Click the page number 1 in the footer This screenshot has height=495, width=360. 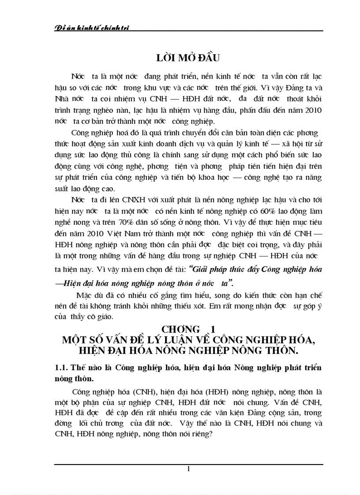pyautogui.click(x=188, y=469)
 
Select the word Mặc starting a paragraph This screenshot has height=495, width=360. pyautogui.click(x=84, y=295)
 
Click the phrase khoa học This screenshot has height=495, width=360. pyautogui.click(x=251, y=177)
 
